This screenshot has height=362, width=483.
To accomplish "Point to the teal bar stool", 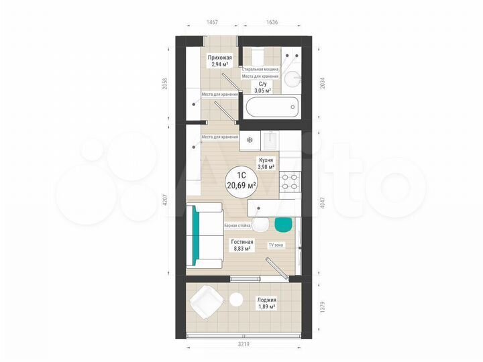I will [284, 223].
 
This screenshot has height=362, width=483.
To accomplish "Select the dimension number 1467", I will [212, 22].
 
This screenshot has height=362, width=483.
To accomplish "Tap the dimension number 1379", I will [325, 306].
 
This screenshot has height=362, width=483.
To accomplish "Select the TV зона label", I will [276, 245].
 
